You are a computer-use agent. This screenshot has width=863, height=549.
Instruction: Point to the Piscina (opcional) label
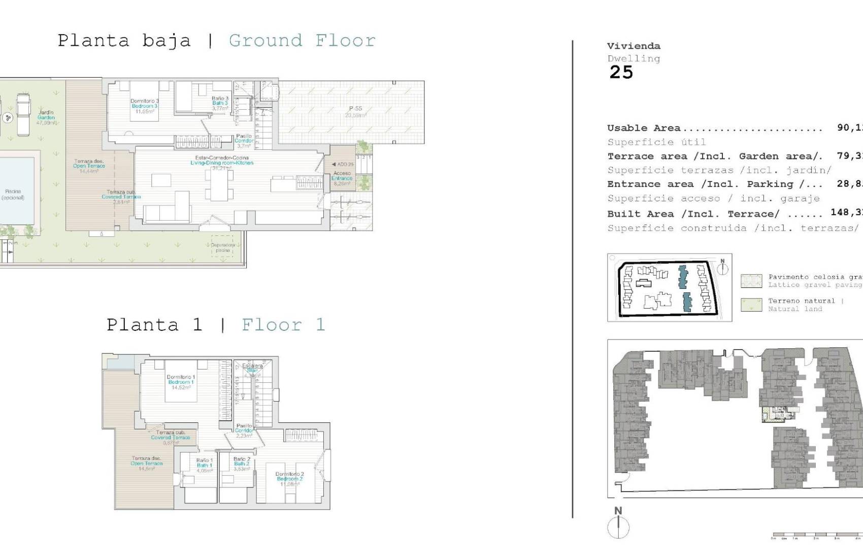click(x=13, y=195)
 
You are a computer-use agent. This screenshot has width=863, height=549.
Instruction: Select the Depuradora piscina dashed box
click(x=222, y=247)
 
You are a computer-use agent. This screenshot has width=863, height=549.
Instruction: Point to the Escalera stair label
click(x=252, y=368)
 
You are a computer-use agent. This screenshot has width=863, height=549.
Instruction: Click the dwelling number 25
click(x=621, y=73)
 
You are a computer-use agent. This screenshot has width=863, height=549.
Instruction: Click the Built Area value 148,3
click(x=846, y=212)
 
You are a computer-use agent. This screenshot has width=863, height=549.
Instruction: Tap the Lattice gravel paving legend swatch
click(x=751, y=281)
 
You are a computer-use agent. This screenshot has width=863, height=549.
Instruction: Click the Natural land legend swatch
click(x=751, y=304)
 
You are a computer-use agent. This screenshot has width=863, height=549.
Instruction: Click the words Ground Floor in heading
click(x=302, y=40)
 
